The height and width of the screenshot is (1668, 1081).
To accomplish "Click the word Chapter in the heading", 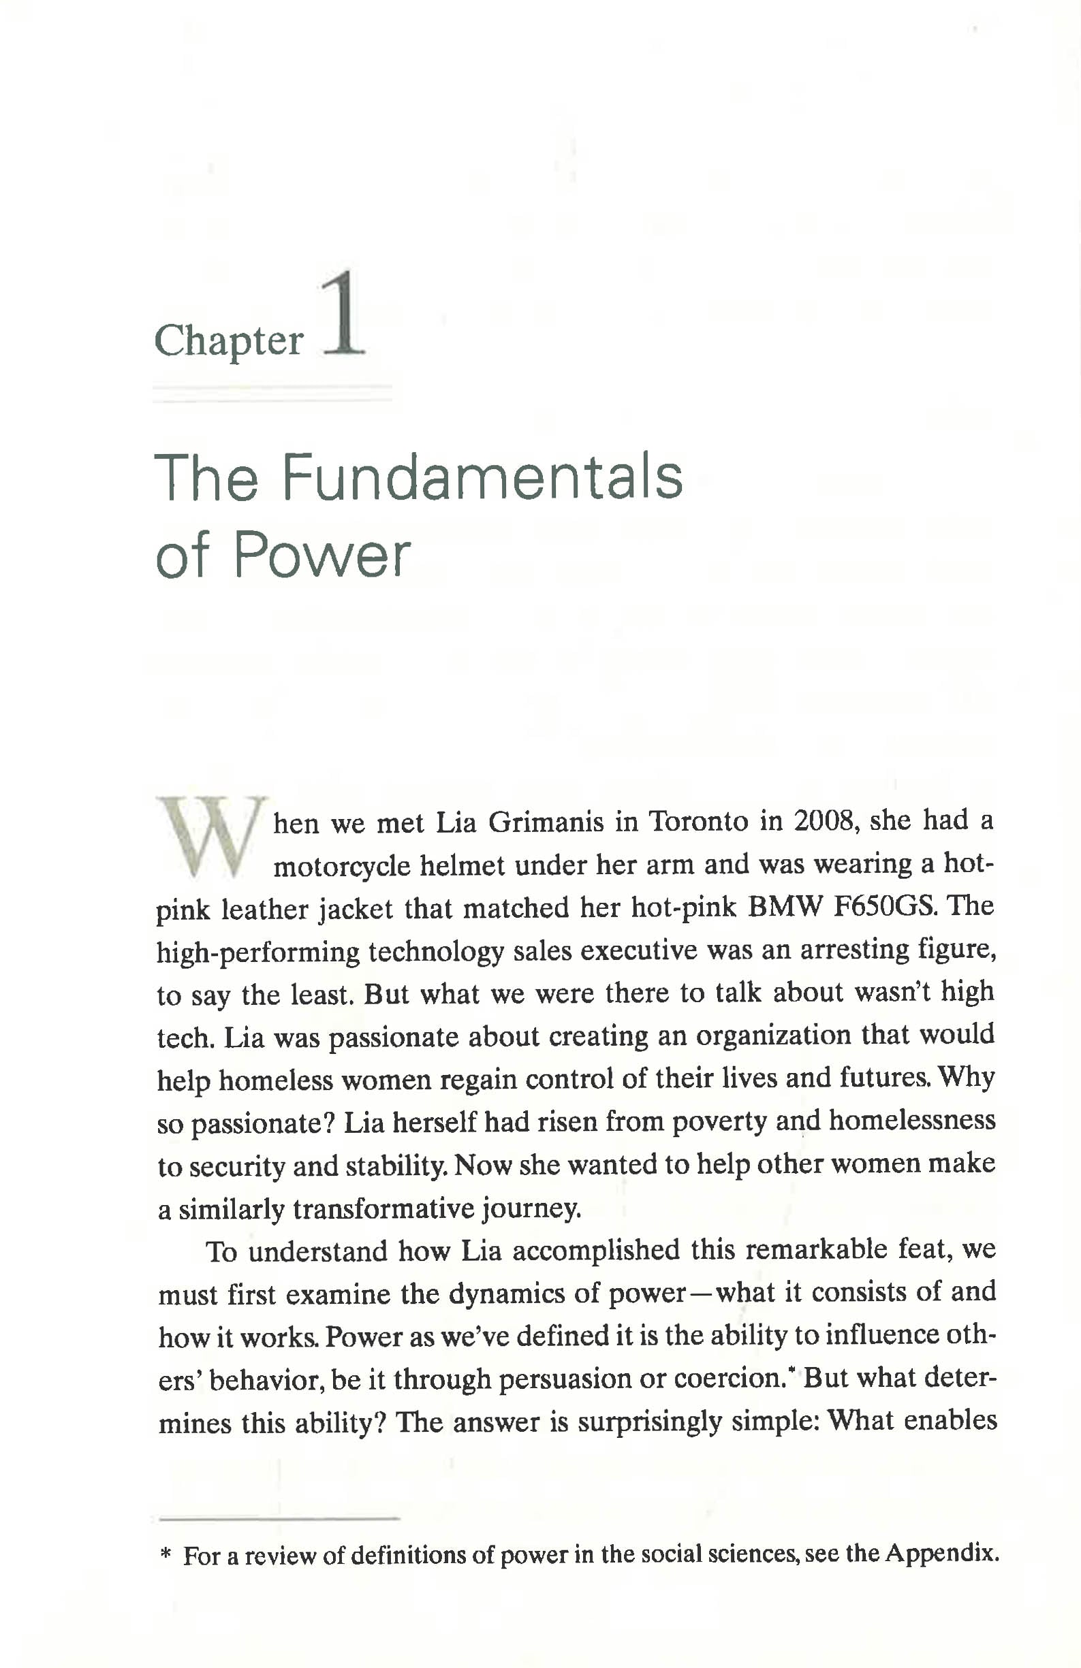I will pos(229,341).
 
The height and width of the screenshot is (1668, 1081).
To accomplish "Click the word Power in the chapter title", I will pos(322,556).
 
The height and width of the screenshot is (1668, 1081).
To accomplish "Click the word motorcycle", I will pos(341,866).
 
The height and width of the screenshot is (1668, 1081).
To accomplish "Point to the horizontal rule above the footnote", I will pos(279,1518).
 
